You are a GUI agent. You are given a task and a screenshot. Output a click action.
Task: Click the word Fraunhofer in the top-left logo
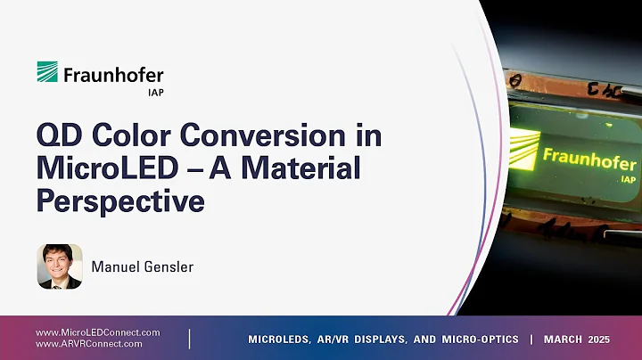pyautogui.click(x=113, y=75)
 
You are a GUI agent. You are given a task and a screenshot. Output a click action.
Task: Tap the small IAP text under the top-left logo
pyautogui.click(x=152, y=91)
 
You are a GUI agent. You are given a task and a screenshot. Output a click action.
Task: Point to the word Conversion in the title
pyautogui.click(x=283, y=139)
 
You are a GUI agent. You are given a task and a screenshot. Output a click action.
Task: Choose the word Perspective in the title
pyautogui.click(x=119, y=200)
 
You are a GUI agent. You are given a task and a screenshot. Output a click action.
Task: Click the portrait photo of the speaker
pyautogui.click(x=59, y=266)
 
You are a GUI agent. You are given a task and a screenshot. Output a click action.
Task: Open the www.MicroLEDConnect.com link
pyautogui.click(x=98, y=332)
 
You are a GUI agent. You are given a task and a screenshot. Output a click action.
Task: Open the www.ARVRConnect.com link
pyautogui.click(x=89, y=343)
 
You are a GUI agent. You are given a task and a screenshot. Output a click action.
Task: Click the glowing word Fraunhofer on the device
pyautogui.click(x=589, y=160)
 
